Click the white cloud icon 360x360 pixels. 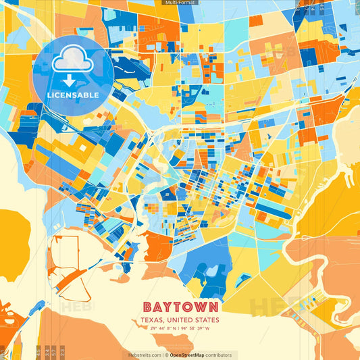coord(72,61)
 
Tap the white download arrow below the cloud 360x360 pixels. coord(72,80)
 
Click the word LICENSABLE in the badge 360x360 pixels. coord(72,95)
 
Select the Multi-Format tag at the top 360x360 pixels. coord(180,3)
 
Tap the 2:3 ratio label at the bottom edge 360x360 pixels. coord(62,353)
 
